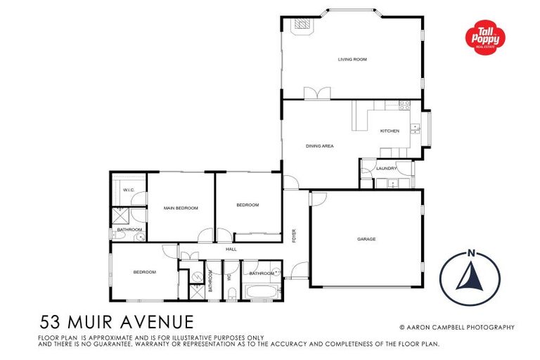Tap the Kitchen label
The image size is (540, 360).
pos(390,131)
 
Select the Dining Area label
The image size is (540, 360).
pos(319,146)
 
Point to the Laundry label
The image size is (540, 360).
pos(386,169)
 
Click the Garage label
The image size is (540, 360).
pos(366,239)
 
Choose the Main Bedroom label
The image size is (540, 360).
pos(181,208)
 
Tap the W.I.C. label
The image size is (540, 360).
pos(129,191)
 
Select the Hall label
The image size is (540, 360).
pos(231,249)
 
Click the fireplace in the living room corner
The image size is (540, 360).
pos(300,25)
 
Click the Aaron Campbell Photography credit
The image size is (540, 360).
pos(457,327)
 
